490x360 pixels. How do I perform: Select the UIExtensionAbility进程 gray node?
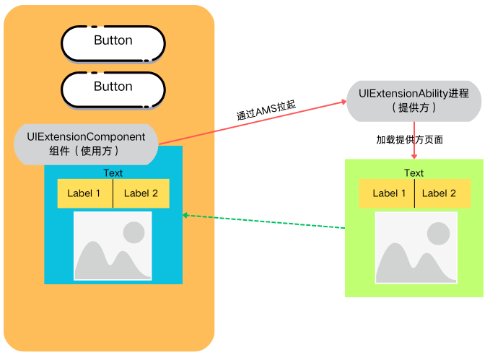(x=414, y=101)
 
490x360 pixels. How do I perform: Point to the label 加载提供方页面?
(x=409, y=139)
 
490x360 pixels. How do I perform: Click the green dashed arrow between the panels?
(x=264, y=221)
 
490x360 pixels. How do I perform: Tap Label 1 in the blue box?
(x=84, y=193)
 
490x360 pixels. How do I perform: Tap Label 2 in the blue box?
(x=141, y=193)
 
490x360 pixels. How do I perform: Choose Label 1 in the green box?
(x=389, y=193)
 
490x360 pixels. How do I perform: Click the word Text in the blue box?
(x=113, y=173)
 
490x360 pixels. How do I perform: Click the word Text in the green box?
(x=414, y=173)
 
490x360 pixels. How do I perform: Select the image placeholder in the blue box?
(x=113, y=245)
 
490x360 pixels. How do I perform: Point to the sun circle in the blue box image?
(x=134, y=232)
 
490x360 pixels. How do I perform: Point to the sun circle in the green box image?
(x=437, y=232)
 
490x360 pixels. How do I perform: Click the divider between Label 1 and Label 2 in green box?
(x=415, y=193)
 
